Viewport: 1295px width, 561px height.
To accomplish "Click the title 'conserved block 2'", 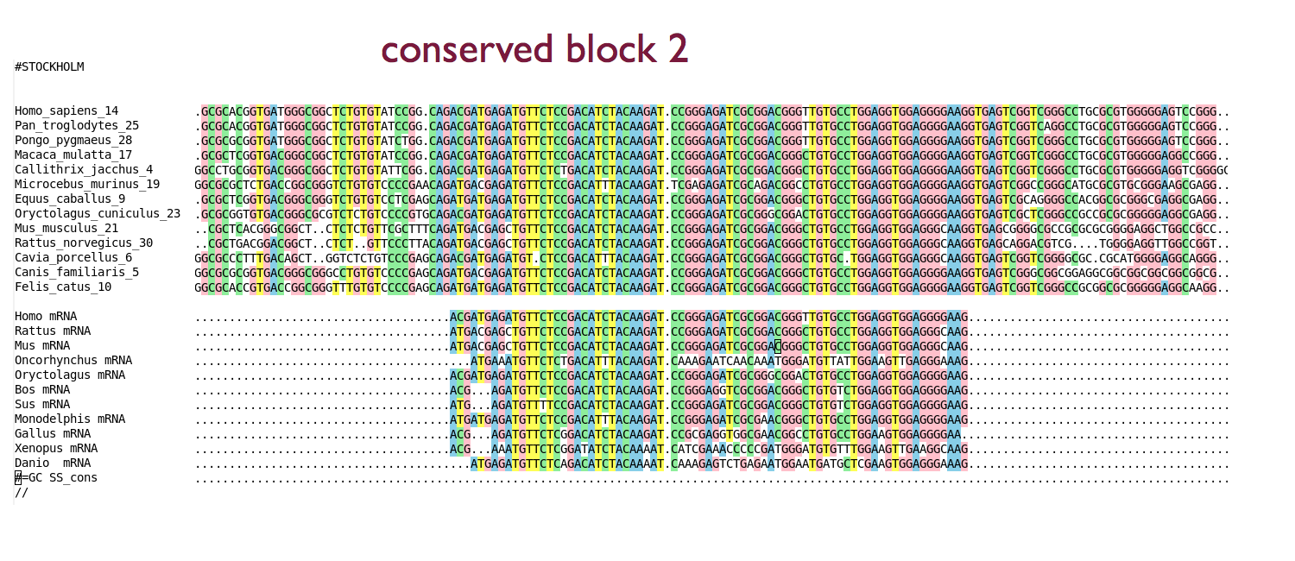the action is coord(534,48).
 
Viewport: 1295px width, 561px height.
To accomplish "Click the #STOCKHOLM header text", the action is coord(49,67).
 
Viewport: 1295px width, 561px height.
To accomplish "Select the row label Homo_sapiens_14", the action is coord(66,111).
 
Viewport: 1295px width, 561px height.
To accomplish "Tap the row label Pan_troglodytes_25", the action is coord(77,126).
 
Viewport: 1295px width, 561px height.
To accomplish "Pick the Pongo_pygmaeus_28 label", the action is coord(73,141).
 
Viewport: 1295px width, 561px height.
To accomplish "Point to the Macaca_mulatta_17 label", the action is coord(73,154).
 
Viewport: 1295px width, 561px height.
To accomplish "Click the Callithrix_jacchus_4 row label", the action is coord(84,170).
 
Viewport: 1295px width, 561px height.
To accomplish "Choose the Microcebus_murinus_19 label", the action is coord(87,185).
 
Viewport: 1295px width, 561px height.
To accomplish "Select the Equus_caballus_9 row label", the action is coord(70,199).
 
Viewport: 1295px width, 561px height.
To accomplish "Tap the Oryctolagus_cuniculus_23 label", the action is coord(98,214).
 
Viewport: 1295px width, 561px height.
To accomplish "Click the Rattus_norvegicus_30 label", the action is coord(84,243).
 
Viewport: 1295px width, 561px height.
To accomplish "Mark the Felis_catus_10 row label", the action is coord(63,287).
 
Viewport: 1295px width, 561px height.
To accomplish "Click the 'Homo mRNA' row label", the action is coord(46,317).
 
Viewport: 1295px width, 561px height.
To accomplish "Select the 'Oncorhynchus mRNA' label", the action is coord(73,361).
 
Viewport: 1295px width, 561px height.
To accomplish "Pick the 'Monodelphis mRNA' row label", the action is coord(70,419).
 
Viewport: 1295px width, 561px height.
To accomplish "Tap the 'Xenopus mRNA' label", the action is coord(56,448).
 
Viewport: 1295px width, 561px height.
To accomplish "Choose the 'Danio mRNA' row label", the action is coord(53,463).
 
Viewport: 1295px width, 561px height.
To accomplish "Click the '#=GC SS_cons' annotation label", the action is coord(56,478).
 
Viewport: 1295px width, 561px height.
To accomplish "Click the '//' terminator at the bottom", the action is coord(22,493).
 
